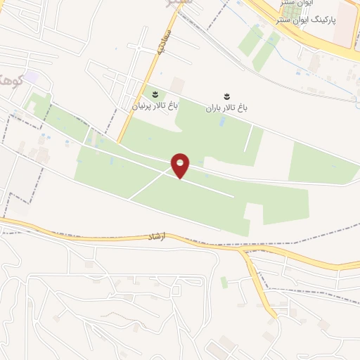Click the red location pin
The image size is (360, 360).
point(181,165)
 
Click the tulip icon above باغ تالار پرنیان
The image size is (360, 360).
point(155,94)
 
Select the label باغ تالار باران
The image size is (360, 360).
point(227,108)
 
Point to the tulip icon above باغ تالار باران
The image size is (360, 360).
point(226,95)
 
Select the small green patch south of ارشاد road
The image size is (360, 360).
point(224,282)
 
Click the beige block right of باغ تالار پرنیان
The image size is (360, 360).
point(177,86)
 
